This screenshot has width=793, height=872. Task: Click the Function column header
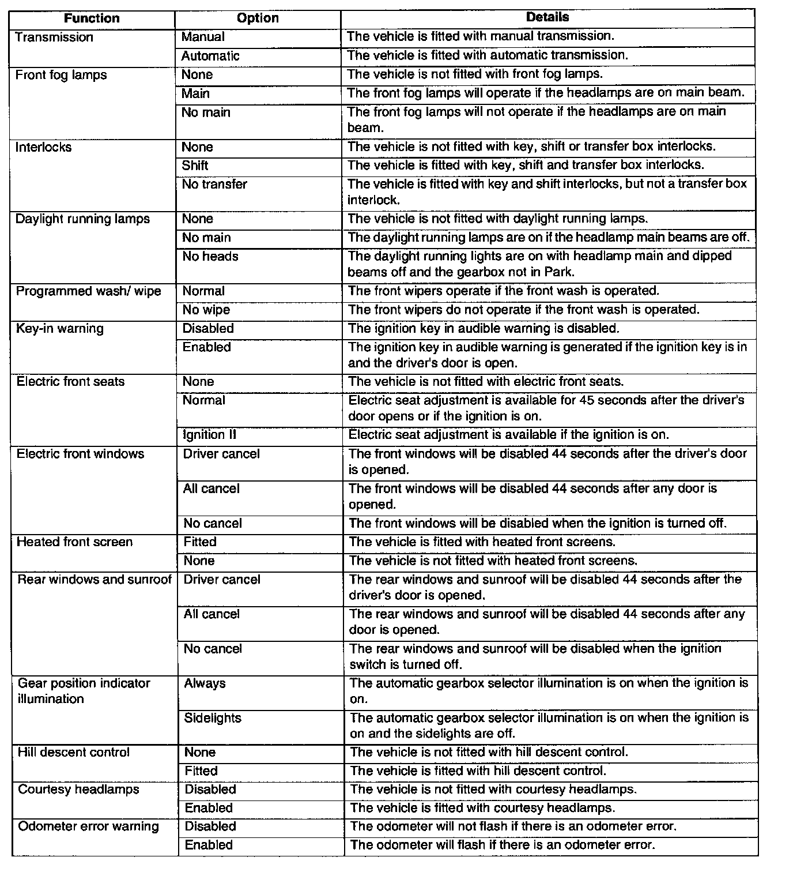point(92,18)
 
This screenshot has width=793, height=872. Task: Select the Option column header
point(258,18)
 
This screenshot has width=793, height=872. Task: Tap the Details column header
point(547,17)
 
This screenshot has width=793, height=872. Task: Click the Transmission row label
point(54,37)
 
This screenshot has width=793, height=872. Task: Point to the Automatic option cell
point(210,56)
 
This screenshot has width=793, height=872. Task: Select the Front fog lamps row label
point(61,75)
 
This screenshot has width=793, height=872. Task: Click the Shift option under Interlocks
point(195,166)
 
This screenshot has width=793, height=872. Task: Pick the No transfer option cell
point(214,185)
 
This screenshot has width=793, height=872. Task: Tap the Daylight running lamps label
point(82,219)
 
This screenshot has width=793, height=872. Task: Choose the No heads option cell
point(210,257)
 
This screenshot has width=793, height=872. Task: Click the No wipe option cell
point(206,310)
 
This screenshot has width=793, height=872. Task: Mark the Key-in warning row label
point(60,329)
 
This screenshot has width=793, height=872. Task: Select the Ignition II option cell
point(210,435)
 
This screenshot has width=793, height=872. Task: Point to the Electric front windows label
point(80,454)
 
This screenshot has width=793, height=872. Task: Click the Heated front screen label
point(74,542)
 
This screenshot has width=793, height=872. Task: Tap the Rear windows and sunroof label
point(95,580)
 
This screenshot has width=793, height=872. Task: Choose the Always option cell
point(205,683)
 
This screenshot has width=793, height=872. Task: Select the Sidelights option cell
point(213,718)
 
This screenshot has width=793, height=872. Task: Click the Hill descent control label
point(74,753)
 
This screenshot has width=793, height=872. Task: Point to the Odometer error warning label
point(88,826)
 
